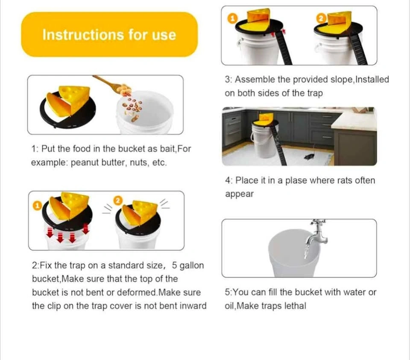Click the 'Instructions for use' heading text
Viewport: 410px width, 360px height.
coord(109,35)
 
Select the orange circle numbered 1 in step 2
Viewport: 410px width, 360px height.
coord(38,206)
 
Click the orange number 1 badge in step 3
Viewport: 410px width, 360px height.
coord(232,18)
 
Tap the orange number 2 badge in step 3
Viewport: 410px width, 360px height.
coord(321,18)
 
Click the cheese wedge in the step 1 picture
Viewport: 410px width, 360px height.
coord(68,101)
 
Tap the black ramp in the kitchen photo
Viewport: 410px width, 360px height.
coord(278,145)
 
